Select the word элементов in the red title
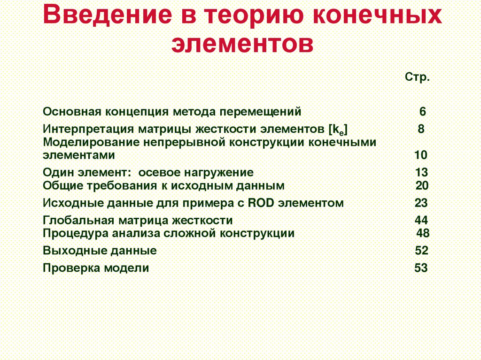pos(242,45)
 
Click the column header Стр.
pos(417,77)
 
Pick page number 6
pos(422,112)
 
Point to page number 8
pos(421,129)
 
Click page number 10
pos(421,155)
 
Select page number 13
pos(421,172)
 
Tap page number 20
pos(422,185)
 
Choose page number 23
pos(421,203)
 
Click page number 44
pos(421,221)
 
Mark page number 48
pos(423,233)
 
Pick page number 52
pos(421,251)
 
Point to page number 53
pos(421,268)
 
